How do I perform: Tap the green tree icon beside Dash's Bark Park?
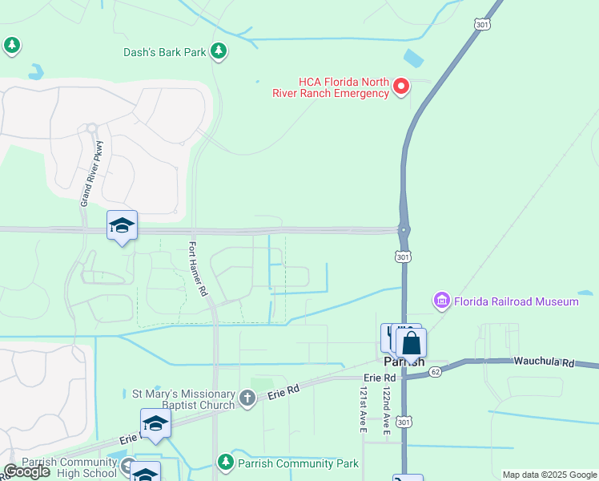pyautogui.click(x=219, y=53)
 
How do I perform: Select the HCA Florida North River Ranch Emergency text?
pyautogui.click(x=344, y=87)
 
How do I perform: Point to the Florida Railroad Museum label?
pyautogui.click(x=516, y=301)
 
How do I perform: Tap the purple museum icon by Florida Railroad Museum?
pyautogui.click(x=441, y=301)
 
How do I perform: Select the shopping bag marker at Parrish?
pyautogui.click(x=411, y=344)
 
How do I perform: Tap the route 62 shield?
pyautogui.click(x=435, y=371)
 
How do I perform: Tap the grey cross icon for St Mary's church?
pyautogui.click(x=248, y=397)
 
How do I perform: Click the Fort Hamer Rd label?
pyautogui.click(x=198, y=269)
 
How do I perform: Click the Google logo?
pyautogui.click(x=26, y=471)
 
